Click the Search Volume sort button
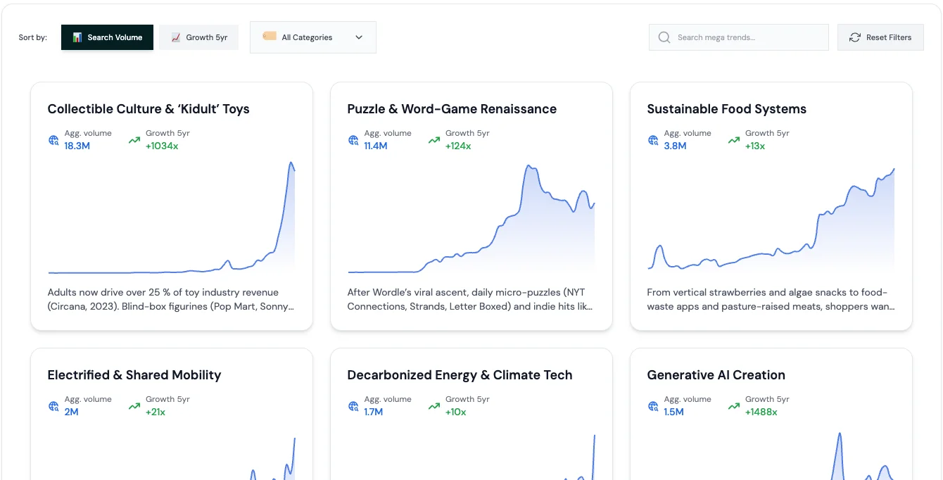[107, 37]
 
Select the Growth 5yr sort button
[198, 37]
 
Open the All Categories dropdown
[312, 37]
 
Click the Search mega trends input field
[746, 37]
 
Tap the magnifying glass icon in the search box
[664, 37]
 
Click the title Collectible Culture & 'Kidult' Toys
[148, 109]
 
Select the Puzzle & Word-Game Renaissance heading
[452, 109]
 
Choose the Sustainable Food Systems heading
[726, 109]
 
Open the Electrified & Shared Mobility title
[134, 375]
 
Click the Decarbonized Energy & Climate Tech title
[460, 375]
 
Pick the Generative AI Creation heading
[716, 375]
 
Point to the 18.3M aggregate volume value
[77, 146]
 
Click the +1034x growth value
[162, 146]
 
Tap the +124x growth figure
[458, 146]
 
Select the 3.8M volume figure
[675, 146]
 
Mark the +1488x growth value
[761, 412]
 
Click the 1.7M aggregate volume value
[374, 412]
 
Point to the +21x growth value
[156, 412]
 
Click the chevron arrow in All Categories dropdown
[359, 37]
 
